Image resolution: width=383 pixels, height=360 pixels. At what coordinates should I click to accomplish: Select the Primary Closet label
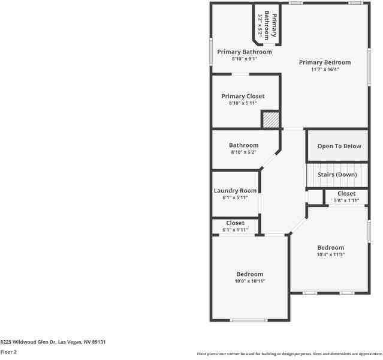click(x=243, y=96)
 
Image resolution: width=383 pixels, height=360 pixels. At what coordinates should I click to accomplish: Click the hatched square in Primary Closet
click(x=271, y=119)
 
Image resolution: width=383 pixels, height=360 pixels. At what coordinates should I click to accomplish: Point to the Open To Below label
click(x=339, y=146)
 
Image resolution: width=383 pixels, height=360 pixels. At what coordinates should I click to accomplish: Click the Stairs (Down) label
click(x=337, y=175)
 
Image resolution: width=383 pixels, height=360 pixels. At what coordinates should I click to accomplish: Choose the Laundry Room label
click(x=235, y=191)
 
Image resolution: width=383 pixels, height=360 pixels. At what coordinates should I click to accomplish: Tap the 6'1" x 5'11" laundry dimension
click(x=235, y=197)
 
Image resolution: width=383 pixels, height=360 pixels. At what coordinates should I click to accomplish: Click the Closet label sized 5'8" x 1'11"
click(x=346, y=194)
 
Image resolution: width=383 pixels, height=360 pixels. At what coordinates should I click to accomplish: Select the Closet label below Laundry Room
click(x=235, y=223)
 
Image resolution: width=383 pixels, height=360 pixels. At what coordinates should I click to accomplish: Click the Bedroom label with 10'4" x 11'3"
click(x=330, y=248)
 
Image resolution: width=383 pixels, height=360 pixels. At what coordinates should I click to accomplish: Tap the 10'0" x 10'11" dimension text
click(x=249, y=281)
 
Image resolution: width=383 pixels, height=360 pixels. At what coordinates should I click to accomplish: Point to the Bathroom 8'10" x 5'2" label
click(x=243, y=145)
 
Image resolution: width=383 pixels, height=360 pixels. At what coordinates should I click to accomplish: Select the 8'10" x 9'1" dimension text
click(x=244, y=59)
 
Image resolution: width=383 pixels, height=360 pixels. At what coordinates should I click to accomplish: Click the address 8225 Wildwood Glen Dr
click(x=53, y=341)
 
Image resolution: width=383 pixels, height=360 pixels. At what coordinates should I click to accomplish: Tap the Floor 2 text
click(x=8, y=352)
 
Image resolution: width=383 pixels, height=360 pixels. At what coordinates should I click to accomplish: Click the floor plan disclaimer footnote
click(x=289, y=354)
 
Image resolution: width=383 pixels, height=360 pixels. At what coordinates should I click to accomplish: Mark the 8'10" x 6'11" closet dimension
click(x=243, y=103)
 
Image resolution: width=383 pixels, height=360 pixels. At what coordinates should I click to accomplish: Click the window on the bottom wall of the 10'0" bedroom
click(x=249, y=320)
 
